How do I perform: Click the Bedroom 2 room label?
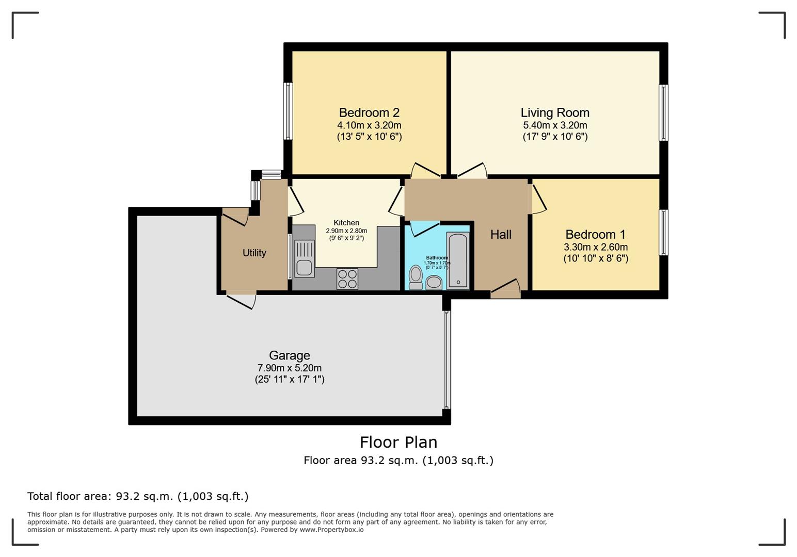(369, 112)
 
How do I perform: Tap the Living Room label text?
(555, 112)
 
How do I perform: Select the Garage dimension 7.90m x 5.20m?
(290, 368)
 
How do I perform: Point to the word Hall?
(501, 234)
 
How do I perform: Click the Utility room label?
(254, 253)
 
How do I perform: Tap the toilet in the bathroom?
(416, 277)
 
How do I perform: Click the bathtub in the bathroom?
(457, 261)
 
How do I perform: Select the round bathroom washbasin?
(434, 283)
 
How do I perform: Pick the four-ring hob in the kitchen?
(347, 279)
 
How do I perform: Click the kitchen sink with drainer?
(304, 258)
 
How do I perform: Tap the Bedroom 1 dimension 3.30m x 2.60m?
(596, 247)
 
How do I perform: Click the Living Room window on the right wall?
(663, 112)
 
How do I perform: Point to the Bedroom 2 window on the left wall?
(288, 111)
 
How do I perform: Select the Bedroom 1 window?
(663, 233)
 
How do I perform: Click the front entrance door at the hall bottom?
(505, 288)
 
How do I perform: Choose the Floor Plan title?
(398, 442)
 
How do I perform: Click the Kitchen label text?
(346, 222)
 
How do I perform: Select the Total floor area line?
(138, 496)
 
